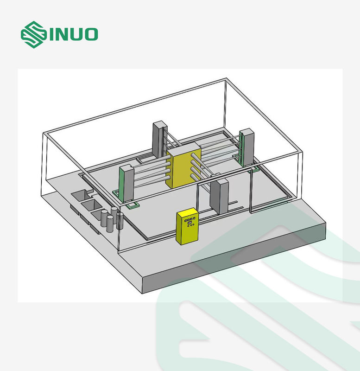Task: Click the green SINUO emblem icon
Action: [33, 34]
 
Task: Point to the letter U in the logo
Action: [75, 34]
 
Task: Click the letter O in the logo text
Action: [90, 34]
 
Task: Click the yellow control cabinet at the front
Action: [187, 226]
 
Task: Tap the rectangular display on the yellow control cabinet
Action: [190, 223]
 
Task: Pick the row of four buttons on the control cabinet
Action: [189, 219]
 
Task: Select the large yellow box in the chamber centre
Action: [183, 165]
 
